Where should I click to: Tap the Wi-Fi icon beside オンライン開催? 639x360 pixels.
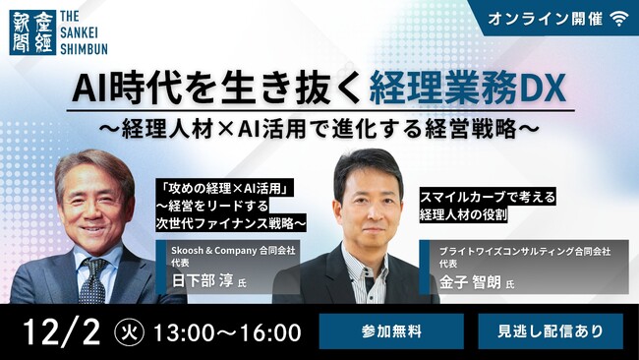pyautogui.click(x=618, y=17)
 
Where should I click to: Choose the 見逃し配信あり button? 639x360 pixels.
pyautogui.click(x=551, y=331)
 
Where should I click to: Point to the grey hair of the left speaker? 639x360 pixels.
pyautogui.click(x=93, y=165)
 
